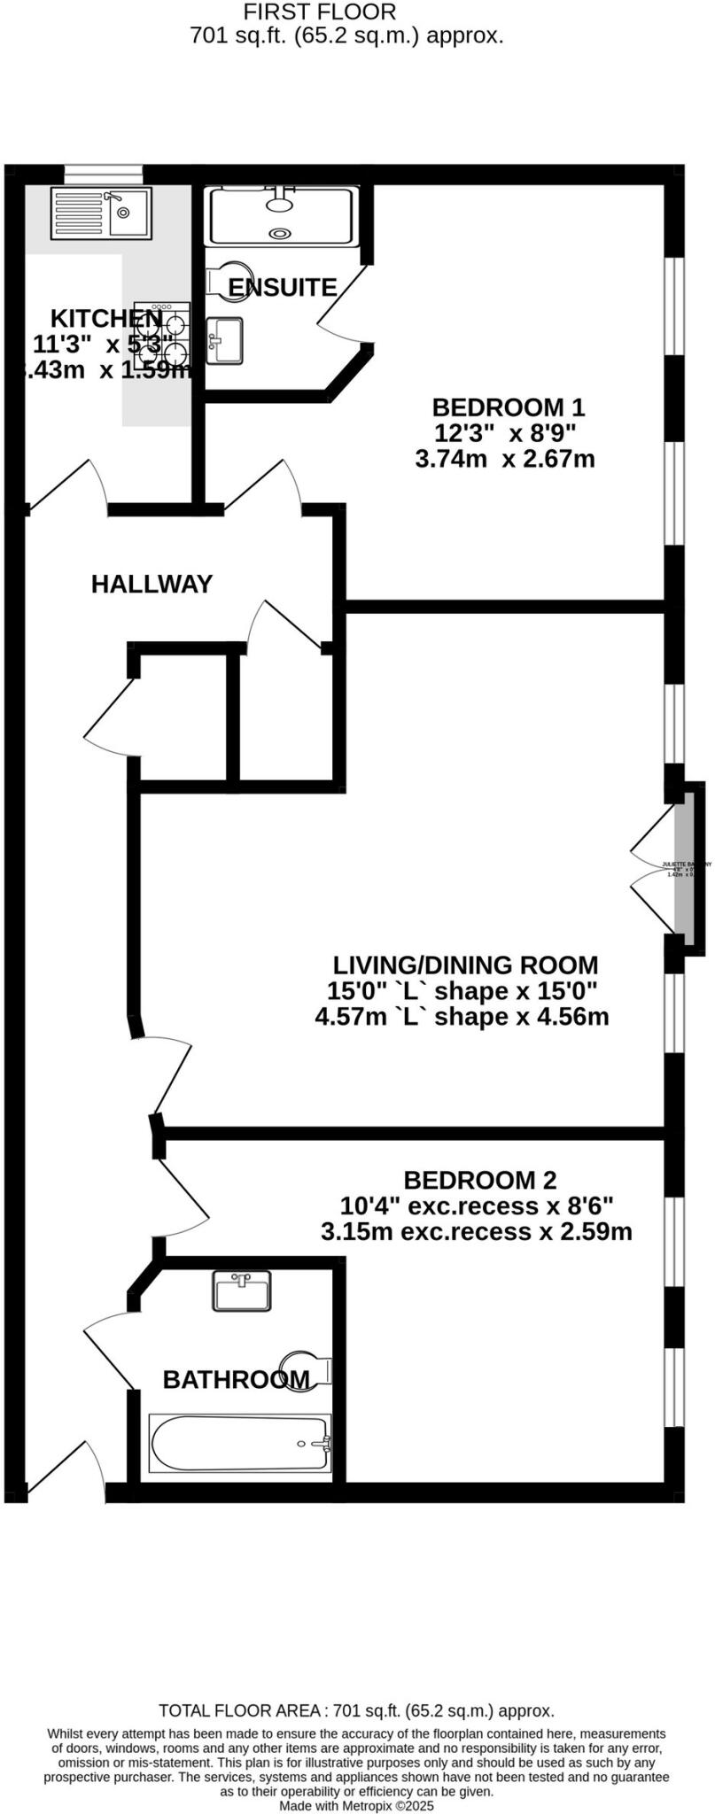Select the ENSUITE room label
(x=282, y=287)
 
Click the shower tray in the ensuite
(x=281, y=215)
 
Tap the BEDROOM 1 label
(x=508, y=407)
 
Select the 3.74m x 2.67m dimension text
(x=504, y=459)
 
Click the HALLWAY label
(x=152, y=584)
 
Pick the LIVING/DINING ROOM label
(x=465, y=965)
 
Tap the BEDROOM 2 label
(x=479, y=1180)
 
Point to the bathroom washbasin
(x=241, y=1291)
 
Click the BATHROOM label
(x=236, y=1379)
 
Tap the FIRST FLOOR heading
(x=320, y=12)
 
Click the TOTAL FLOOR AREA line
(x=356, y=1710)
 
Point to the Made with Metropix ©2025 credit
(x=356, y=1804)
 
